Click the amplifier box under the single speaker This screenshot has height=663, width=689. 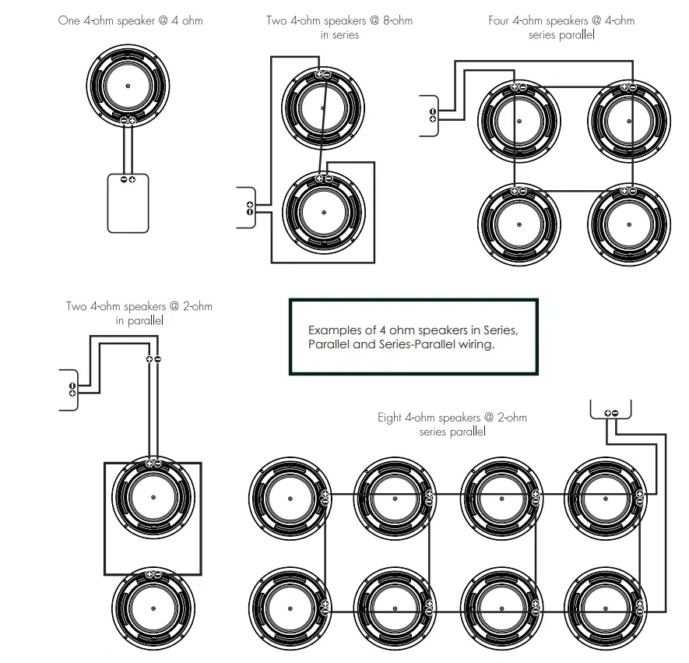click(x=128, y=203)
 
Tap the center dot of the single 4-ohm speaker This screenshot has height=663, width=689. click(x=128, y=86)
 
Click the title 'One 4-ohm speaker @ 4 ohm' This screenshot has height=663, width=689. click(x=131, y=21)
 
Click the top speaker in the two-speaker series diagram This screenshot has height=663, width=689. click(x=323, y=108)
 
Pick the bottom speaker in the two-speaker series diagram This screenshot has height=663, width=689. click(x=324, y=213)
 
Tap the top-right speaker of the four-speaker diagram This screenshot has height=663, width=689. click(x=629, y=122)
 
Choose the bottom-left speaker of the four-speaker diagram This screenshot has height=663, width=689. click(x=519, y=224)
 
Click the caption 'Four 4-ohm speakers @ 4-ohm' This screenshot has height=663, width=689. click(x=561, y=21)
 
